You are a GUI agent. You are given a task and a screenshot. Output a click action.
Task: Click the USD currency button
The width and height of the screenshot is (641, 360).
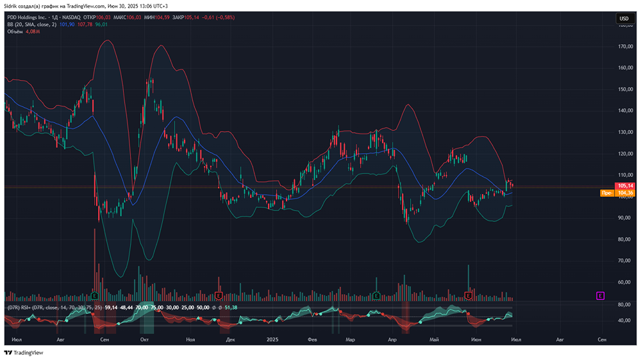[623, 19]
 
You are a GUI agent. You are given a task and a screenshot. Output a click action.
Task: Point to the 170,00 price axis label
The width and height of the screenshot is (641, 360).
[626, 47]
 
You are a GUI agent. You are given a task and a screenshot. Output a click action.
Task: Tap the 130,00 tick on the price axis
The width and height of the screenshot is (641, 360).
[626, 132]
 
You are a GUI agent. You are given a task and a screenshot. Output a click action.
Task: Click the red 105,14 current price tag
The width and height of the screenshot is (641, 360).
[624, 186]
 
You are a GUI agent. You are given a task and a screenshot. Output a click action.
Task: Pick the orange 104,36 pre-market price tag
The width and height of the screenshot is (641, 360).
[624, 193]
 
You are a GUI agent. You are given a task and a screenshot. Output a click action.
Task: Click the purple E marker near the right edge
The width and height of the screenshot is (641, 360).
[600, 295]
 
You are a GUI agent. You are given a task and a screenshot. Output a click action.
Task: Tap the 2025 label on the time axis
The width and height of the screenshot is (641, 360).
[272, 339]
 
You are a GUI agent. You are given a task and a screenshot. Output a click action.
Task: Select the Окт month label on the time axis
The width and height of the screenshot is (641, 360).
[145, 339]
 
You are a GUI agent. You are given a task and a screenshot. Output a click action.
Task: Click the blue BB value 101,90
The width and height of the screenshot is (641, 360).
[67, 24]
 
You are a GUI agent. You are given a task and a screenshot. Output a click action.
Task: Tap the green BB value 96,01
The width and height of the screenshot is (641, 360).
[101, 24]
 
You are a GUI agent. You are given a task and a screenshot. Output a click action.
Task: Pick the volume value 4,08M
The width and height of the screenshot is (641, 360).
[34, 31]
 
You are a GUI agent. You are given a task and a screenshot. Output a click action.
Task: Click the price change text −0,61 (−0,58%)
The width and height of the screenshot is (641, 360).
[219, 17]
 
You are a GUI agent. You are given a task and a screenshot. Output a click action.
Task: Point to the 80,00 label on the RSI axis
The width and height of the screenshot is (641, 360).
[625, 305]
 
